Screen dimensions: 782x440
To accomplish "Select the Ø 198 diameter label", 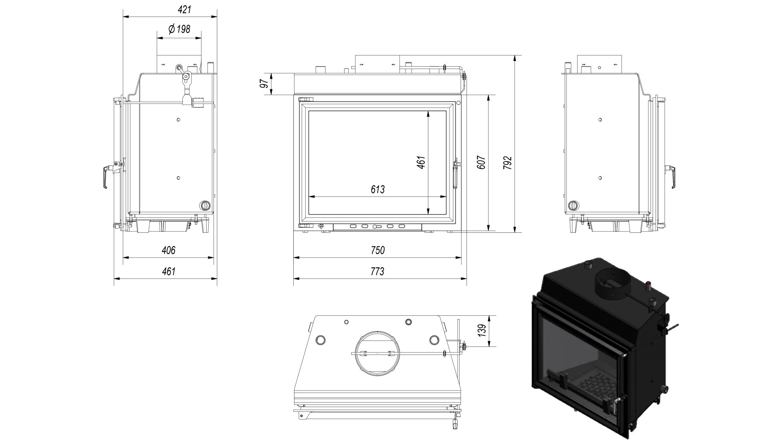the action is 179,29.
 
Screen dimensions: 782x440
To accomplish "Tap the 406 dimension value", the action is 169,250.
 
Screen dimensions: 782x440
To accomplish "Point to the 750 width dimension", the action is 378,250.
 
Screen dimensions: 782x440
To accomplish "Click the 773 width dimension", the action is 378,271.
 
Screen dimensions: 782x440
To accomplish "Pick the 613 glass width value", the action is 378,189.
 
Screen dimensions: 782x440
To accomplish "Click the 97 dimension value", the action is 265,84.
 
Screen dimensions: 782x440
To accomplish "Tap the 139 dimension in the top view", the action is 482,331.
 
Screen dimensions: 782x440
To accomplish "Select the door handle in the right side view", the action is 671,176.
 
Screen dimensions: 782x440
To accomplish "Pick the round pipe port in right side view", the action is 573,205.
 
